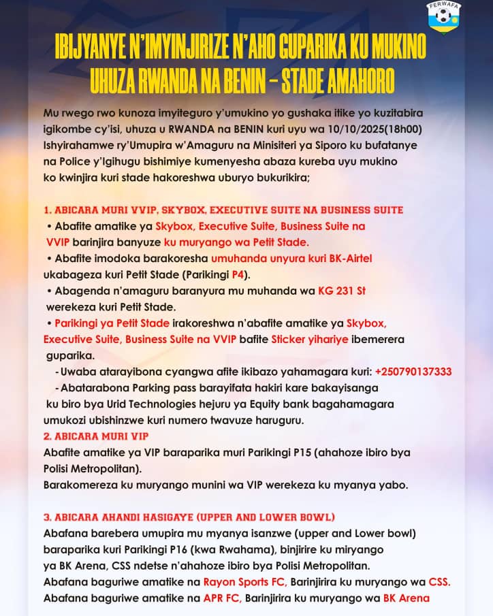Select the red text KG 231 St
pyautogui.click(x=342, y=291)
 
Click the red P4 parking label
pyautogui.click(x=239, y=275)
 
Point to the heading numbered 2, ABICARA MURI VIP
pyautogui.click(x=96, y=436)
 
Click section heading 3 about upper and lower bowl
pyautogui.click(x=189, y=517)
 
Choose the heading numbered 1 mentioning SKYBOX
pyautogui.click(x=223, y=210)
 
